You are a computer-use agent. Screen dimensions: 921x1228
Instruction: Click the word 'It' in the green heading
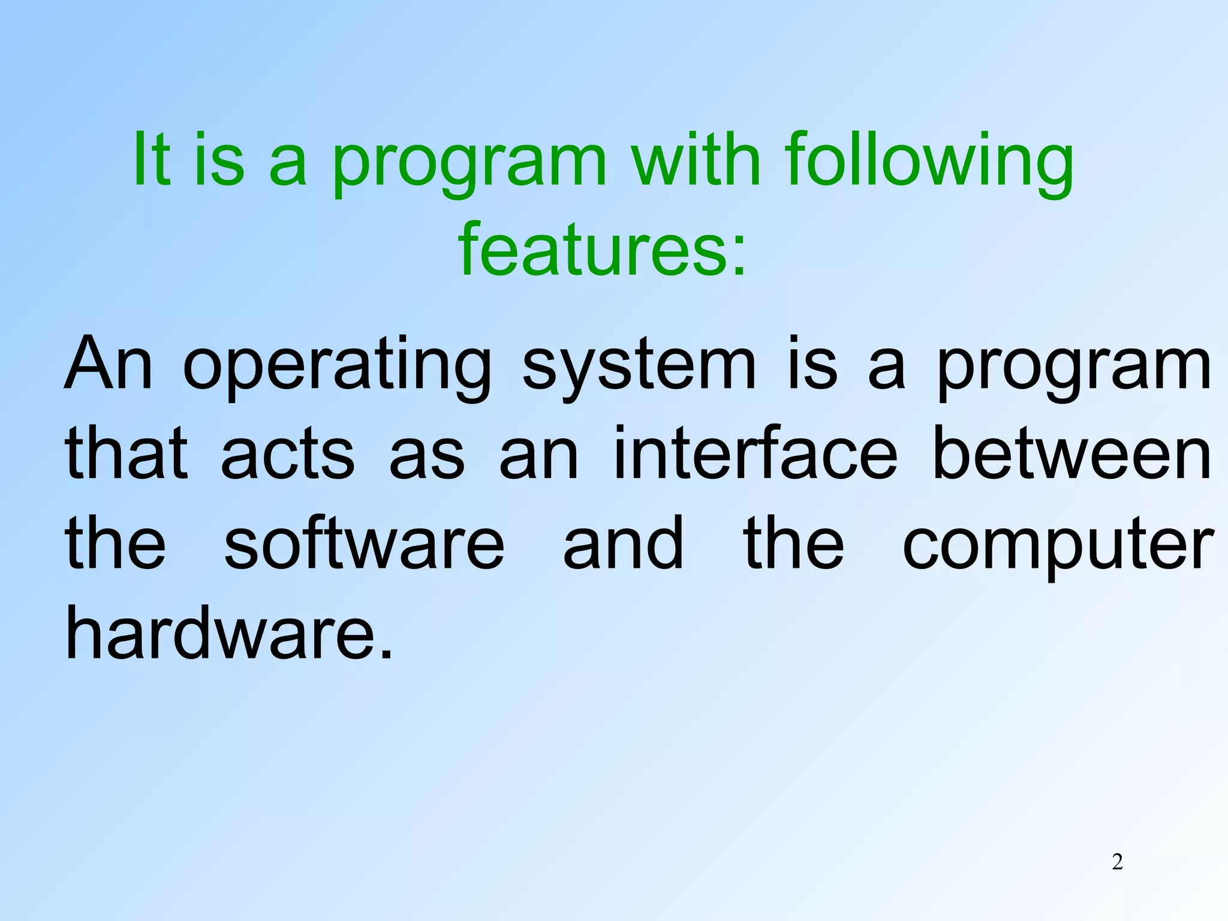pos(151,159)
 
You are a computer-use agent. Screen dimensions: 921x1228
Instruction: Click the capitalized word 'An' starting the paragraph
pos(109,363)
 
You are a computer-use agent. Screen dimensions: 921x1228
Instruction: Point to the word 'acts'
pos(288,455)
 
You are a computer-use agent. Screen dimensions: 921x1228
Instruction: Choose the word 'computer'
pos(1058,546)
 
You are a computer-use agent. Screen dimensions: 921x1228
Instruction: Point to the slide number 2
pos(1117,862)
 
